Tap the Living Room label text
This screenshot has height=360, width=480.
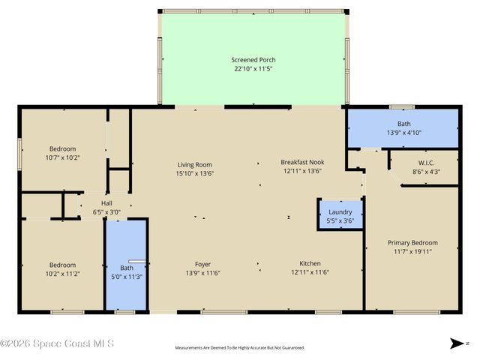tap(195, 165)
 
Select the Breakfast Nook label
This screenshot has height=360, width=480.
tap(302, 162)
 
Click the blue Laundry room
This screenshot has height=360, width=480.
tap(340, 214)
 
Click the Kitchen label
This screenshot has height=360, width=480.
tap(310, 264)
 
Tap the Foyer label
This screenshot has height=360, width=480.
tap(203, 264)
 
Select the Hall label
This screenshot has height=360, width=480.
tap(107, 203)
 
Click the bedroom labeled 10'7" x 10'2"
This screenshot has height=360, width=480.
tap(63, 153)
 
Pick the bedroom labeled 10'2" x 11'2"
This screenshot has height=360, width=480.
tap(63, 269)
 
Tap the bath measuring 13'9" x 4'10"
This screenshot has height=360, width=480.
tap(403, 128)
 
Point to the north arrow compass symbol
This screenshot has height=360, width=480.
tap(457, 343)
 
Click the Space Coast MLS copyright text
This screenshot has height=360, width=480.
tap(57, 344)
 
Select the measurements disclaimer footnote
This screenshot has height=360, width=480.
tap(240, 349)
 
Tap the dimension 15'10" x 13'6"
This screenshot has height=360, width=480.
tap(195, 173)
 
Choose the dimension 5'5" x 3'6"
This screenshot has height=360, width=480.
tap(340, 222)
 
